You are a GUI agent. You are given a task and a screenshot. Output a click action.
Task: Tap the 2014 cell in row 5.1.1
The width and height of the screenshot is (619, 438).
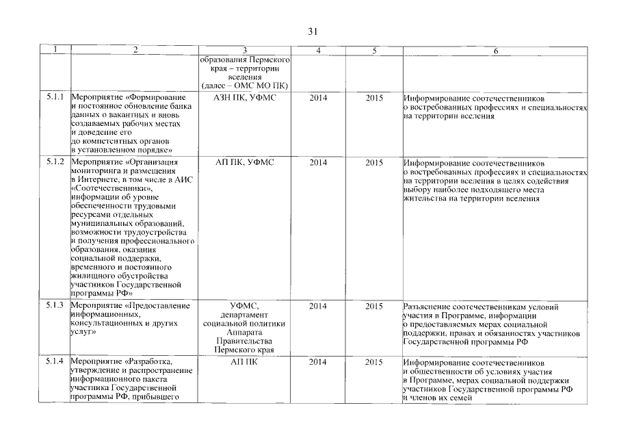pyautogui.click(x=318, y=98)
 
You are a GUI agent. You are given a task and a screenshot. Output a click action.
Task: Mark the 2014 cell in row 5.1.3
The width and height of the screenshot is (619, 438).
pyautogui.click(x=318, y=306)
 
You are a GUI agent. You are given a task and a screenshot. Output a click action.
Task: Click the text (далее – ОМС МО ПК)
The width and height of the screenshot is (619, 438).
pyautogui.click(x=245, y=86)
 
